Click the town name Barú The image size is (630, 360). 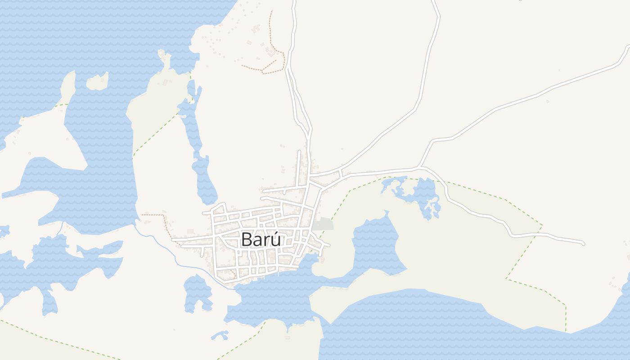pos(261,239)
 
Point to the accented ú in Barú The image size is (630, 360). pos(275,238)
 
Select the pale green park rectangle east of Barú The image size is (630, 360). pos(324,224)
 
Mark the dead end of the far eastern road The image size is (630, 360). pos(583,243)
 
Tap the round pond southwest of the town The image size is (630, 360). pos(197,292)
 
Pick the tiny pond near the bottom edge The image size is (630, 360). pos(220,335)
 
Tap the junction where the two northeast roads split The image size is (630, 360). pos(421,167)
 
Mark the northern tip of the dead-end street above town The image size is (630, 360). pos(299,152)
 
